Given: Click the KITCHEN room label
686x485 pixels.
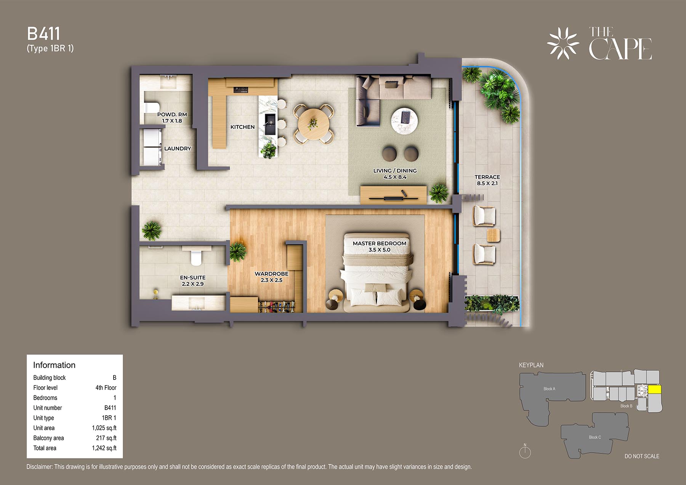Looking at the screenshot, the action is pos(242,127).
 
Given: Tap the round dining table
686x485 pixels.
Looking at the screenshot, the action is pos(313,124).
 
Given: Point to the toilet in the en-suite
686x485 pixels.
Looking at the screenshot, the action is pos(196,256).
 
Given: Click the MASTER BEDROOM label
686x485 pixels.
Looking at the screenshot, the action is pos(380,243).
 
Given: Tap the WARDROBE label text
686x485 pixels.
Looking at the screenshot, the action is pos(271,274).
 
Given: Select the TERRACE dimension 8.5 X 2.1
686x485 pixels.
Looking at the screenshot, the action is pos(487,183).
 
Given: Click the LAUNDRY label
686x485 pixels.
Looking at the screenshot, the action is pos(178,149).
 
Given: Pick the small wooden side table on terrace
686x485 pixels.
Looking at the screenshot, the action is pos(494,235).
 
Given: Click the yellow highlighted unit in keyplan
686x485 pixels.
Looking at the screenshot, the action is pos(655,389).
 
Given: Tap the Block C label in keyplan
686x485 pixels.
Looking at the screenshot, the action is pos(595,437).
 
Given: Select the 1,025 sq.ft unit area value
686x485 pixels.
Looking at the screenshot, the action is pos(104,428).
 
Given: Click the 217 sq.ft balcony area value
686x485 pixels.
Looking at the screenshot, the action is pos(106,438).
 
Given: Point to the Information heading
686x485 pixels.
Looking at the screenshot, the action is pos(54,365).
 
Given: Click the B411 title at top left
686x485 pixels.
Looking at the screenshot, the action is pos(43,34).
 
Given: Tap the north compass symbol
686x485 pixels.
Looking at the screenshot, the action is pos(525,451).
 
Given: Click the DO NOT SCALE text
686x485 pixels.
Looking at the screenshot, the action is pos(642,456).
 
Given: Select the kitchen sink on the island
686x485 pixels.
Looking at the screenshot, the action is pos(270,124).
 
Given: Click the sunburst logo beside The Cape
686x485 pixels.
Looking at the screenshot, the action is pos(563,43).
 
